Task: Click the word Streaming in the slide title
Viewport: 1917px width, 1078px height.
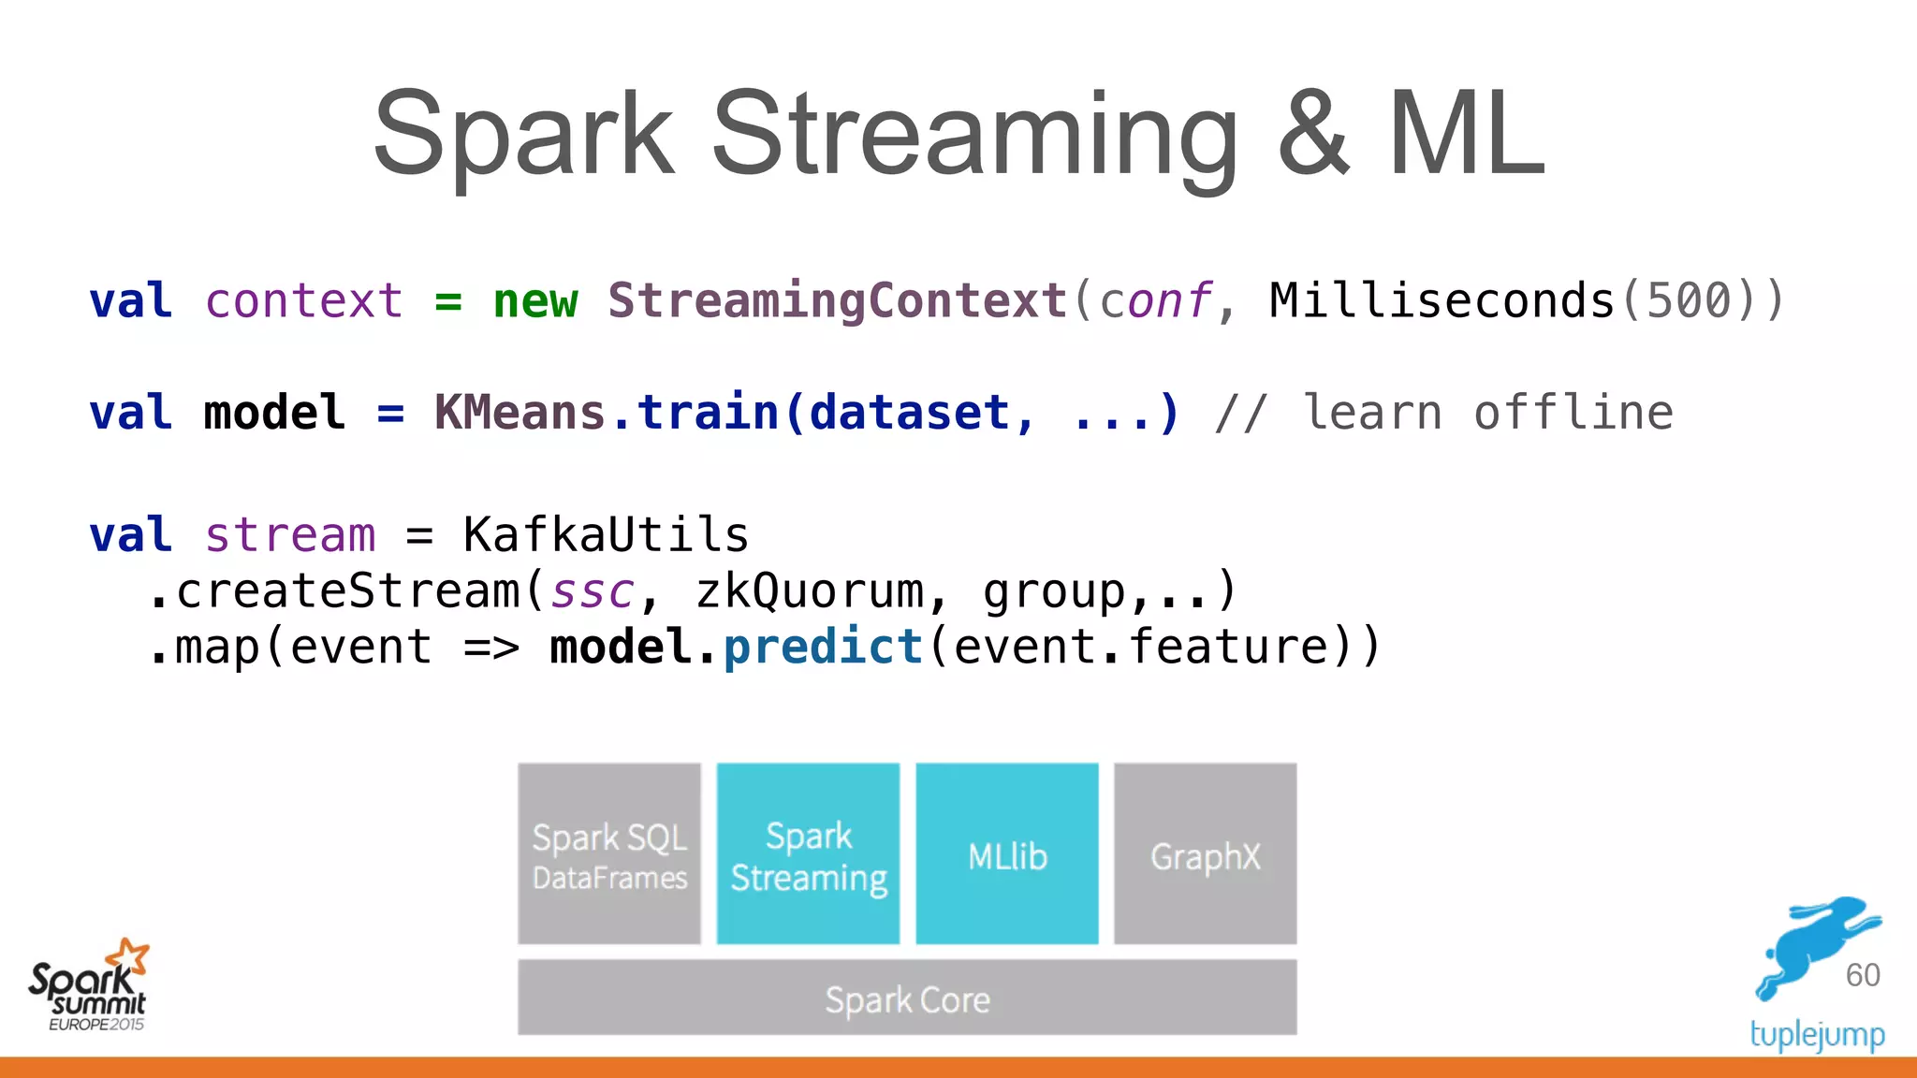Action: click(973, 136)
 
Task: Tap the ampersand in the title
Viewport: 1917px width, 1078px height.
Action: click(1313, 136)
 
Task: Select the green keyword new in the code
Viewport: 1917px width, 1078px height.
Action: click(535, 301)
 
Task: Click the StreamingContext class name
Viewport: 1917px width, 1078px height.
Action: click(838, 301)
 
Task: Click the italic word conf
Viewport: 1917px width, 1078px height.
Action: click(1155, 301)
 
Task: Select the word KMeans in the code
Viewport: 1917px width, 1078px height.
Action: click(520, 413)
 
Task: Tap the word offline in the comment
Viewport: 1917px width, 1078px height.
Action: click(1573, 413)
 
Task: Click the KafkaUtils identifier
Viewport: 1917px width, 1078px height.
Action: click(606, 535)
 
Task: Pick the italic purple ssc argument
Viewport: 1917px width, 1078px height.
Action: click(593, 591)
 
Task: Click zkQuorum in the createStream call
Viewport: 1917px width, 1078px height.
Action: click(809, 591)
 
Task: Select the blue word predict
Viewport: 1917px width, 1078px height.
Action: click(824, 648)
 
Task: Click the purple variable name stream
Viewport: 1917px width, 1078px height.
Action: click(290, 535)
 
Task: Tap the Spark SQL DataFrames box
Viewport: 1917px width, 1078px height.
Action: click(609, 854)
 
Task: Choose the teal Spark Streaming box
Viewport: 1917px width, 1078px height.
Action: click(808, 854)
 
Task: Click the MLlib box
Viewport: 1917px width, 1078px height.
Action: click(1007, 854)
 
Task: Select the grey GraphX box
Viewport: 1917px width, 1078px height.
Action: click(1206, 854)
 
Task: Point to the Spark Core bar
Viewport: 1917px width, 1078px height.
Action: click(907, 998)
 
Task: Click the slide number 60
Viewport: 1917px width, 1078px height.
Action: click(1863, 975)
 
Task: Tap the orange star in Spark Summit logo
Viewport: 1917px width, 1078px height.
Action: click(128, 956)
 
